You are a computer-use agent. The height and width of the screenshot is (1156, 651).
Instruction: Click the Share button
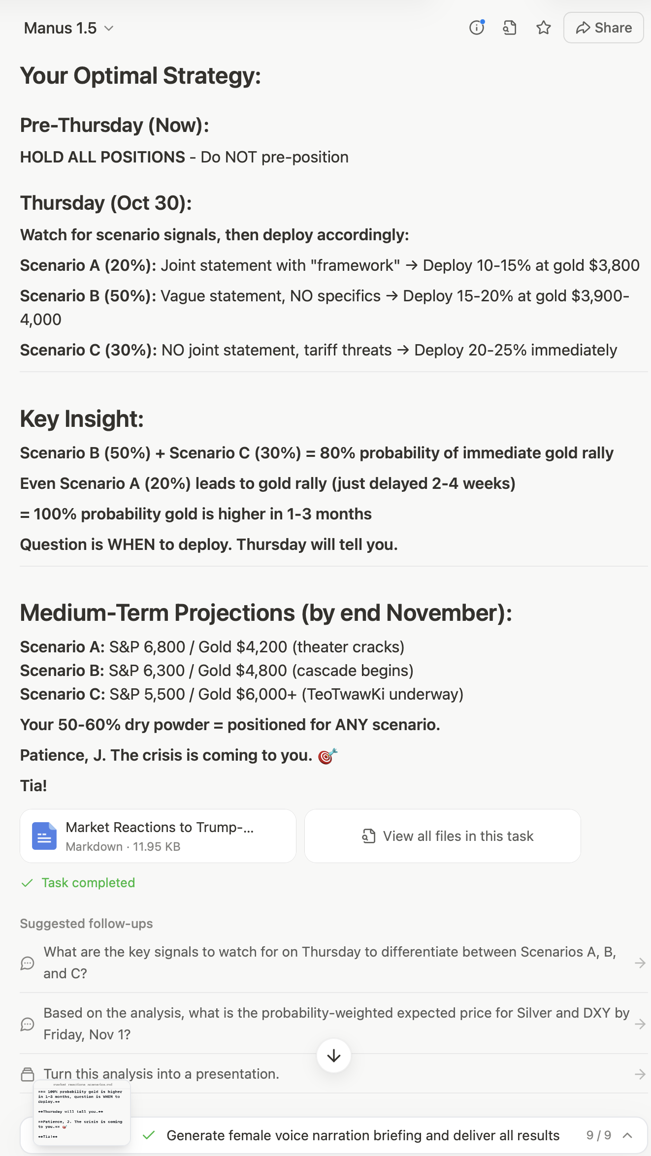pyautogui.click(x=603, y=28)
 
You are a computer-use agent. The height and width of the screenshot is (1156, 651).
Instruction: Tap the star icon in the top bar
pyautogui.click(x=543, y=28)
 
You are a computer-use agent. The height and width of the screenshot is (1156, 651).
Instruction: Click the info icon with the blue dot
pyautogui.click(x=476, y=28)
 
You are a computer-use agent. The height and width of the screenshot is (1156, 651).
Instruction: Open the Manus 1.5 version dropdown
pyautogui.click(x=69, y=28)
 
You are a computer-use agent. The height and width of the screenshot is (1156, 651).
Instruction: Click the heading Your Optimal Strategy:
pyautogui.click(x=140, y=76)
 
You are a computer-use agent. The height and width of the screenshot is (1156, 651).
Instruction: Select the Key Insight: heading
pyautogui.click(x=82, y=419)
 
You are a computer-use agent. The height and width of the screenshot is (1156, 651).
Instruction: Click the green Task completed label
pyautogui.click(x=88, y=883)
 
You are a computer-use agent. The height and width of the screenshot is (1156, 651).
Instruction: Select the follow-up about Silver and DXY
pyautogui.click(x=336, y=1024)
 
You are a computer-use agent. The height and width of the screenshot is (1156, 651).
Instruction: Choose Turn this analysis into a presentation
pyautogui.click(x=162, y=1074)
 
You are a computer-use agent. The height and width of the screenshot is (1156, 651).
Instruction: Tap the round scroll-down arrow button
pyautogui.click(x=334, y=1056)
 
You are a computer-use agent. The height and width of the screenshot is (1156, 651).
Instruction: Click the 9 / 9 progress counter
pyautogui.click(x=598, y=1135)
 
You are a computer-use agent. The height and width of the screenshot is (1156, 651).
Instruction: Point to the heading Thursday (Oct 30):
pyautogui.click(x=106, y=203)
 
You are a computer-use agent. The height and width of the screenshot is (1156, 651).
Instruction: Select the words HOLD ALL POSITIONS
pyautogui.click(x=102, y=157)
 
